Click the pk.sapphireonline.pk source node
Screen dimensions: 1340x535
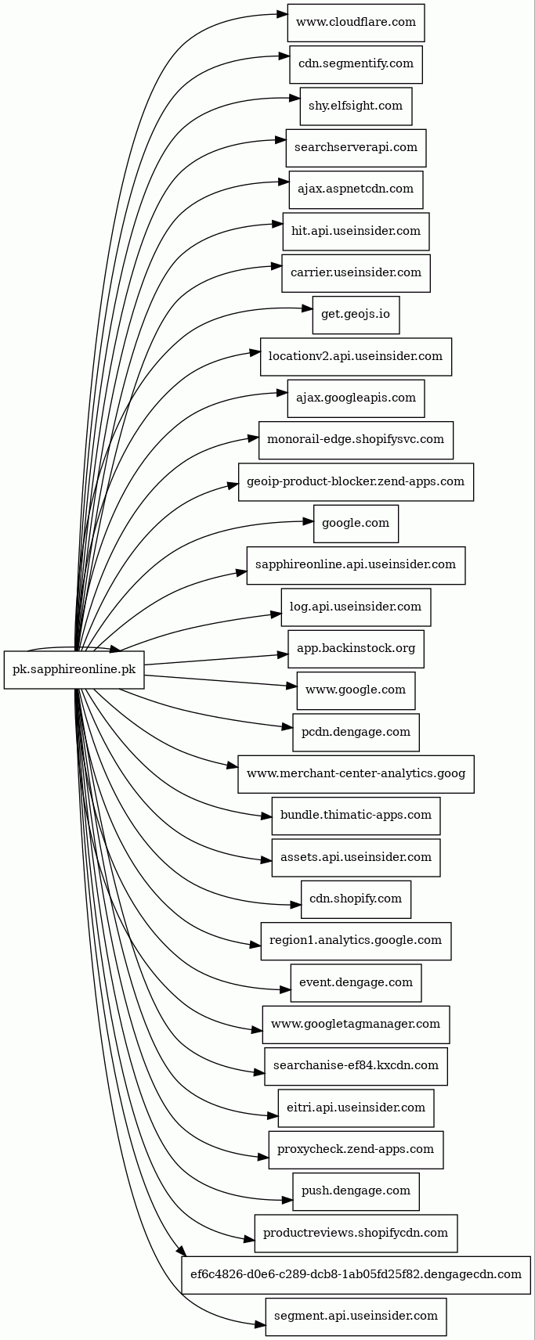tap(74, 670)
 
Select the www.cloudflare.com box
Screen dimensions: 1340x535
tap(356, 22)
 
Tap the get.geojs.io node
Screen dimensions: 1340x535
tap(356, 315)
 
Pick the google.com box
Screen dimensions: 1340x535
tap(356, 524)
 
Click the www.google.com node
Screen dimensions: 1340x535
tap(356, 690)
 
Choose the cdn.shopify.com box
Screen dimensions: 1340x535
tap(356, 899)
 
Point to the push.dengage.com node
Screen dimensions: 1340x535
tap(356, 1191)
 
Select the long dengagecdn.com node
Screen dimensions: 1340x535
tap(356, 1275)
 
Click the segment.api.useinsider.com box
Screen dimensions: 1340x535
tap(356, 1317)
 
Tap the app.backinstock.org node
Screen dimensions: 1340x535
tap(356, 649)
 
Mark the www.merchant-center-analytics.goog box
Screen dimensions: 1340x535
tap(356, 774)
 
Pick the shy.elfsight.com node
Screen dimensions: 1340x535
tap(356, 106)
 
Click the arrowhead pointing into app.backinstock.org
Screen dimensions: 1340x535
tap(283, 654)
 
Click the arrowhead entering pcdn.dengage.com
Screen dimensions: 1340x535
tap(287, 728)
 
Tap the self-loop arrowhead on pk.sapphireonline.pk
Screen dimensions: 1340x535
tap(115, 650)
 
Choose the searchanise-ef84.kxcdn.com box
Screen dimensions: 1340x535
tap(356, 1066)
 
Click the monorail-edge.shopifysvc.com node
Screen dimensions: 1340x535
tap(356, 440)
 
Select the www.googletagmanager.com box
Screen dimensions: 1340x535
tap(356, 1025)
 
